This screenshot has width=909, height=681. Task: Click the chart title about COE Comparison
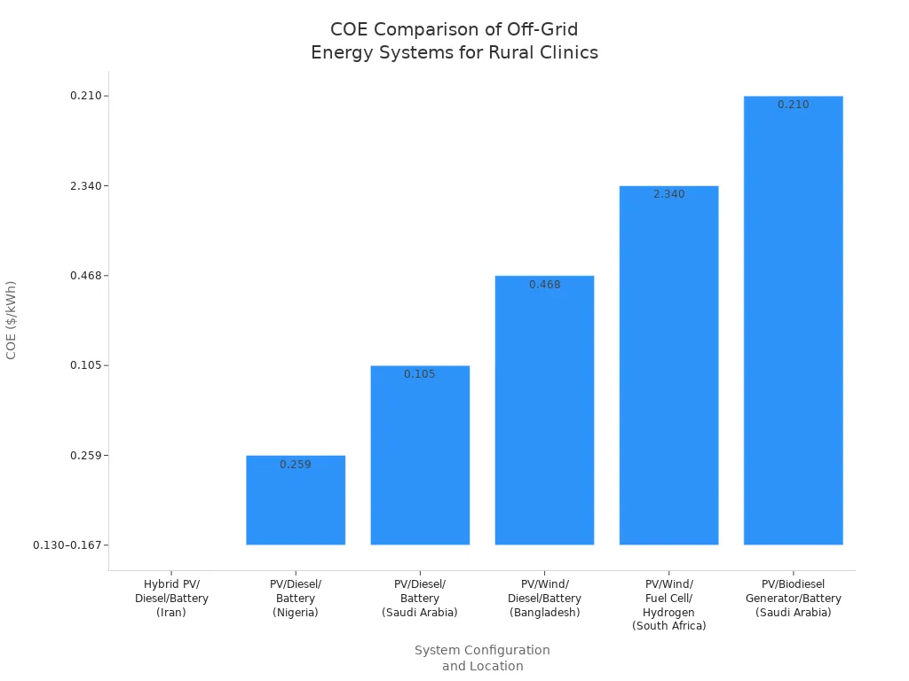pos(454,41)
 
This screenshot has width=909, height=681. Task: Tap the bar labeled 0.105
pos(420,457)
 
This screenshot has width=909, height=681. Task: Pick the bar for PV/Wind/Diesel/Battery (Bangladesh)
pos(544,412)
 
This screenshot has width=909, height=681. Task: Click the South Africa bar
pos(668,368)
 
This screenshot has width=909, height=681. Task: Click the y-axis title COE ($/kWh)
pos(12,320)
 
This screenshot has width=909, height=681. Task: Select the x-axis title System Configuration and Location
pos(482,658)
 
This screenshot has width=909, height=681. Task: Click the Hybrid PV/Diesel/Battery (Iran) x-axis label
pos(171,598)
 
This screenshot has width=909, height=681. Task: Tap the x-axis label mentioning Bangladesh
pos(544,598)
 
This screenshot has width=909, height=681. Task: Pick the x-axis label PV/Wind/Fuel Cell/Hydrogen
pos(668,605)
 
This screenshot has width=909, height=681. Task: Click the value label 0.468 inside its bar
pos(544,285)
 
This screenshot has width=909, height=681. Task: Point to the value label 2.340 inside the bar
pos(668,194)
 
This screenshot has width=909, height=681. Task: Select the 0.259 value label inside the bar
pos(296,465)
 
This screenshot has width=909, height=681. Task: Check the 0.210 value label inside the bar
pos(793,105)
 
